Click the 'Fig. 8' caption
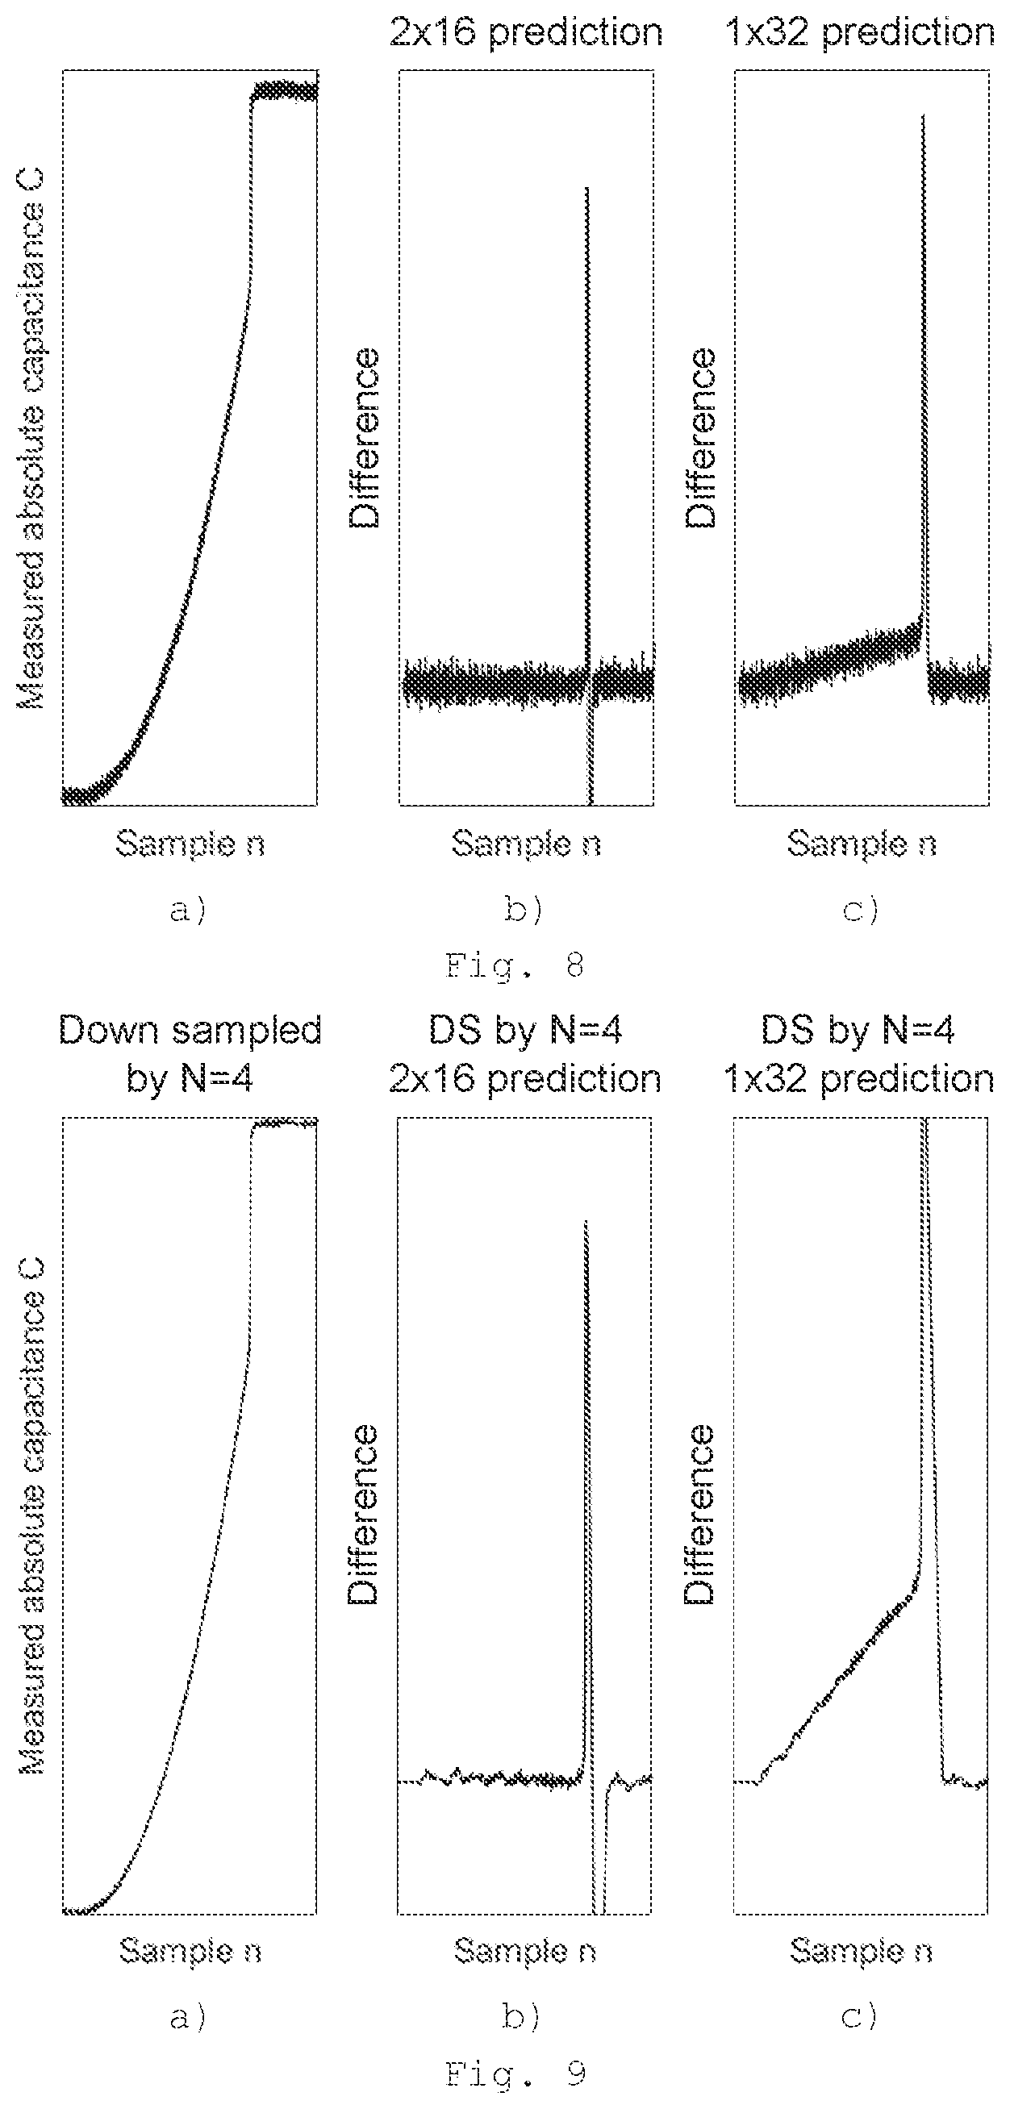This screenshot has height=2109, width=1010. (515, 967)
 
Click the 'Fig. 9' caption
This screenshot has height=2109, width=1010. (515, 2074)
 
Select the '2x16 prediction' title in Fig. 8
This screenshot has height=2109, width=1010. (526, 33)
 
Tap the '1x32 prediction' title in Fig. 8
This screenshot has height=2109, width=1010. (860, 33)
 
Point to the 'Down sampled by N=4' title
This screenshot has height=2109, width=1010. (190, 1055)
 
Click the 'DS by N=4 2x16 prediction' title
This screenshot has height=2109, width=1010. (525, 1055)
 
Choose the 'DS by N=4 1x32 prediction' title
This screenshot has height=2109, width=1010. (859, 1055)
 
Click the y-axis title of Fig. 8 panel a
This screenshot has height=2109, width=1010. (31, 439)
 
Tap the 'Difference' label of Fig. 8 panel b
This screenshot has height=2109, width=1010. (365, 438)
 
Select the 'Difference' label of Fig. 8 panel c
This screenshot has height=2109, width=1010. (700, 438)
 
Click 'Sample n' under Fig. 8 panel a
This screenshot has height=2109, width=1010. (190, 844)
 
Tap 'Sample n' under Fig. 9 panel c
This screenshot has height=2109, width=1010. (861, 1951)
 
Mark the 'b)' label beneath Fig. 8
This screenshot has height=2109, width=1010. (524, 911)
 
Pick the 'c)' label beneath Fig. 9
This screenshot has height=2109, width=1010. (860, 2017)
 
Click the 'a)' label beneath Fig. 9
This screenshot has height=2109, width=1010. (188, 2018)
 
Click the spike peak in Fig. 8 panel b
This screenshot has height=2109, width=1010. (586, 188)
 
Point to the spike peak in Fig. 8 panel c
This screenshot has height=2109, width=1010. (923, 115)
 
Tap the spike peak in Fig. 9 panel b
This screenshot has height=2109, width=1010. (586, 1222)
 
